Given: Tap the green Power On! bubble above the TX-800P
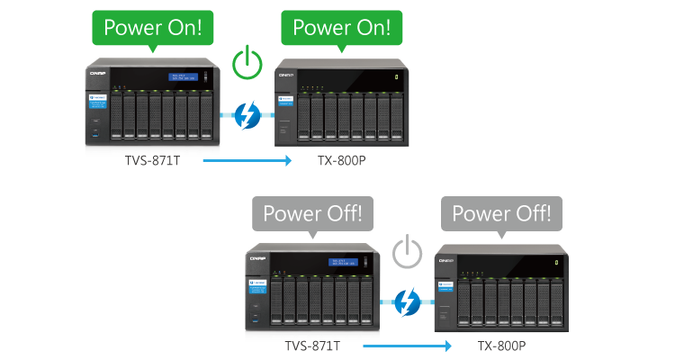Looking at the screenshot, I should coord(341,27).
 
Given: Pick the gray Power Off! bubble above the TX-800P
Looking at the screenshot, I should coord(501,214).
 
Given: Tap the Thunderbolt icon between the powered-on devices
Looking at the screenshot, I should coord(247,114).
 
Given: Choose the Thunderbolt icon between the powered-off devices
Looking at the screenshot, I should coord(409,301).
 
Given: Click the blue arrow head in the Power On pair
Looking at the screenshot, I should coord(287,161).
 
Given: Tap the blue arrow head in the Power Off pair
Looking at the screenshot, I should coord(447,346).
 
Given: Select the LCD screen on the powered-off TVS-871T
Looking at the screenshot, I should coord(344,265).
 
